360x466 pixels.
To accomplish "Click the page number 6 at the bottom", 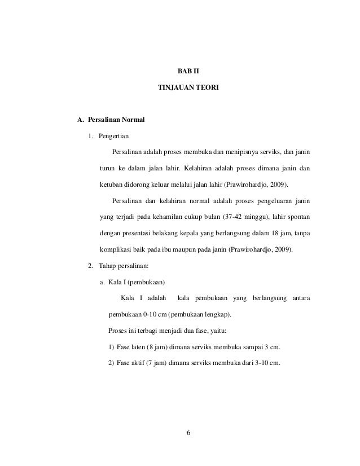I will [x=188, y=433].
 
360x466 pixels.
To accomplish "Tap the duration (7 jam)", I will [x=158, y=362].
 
